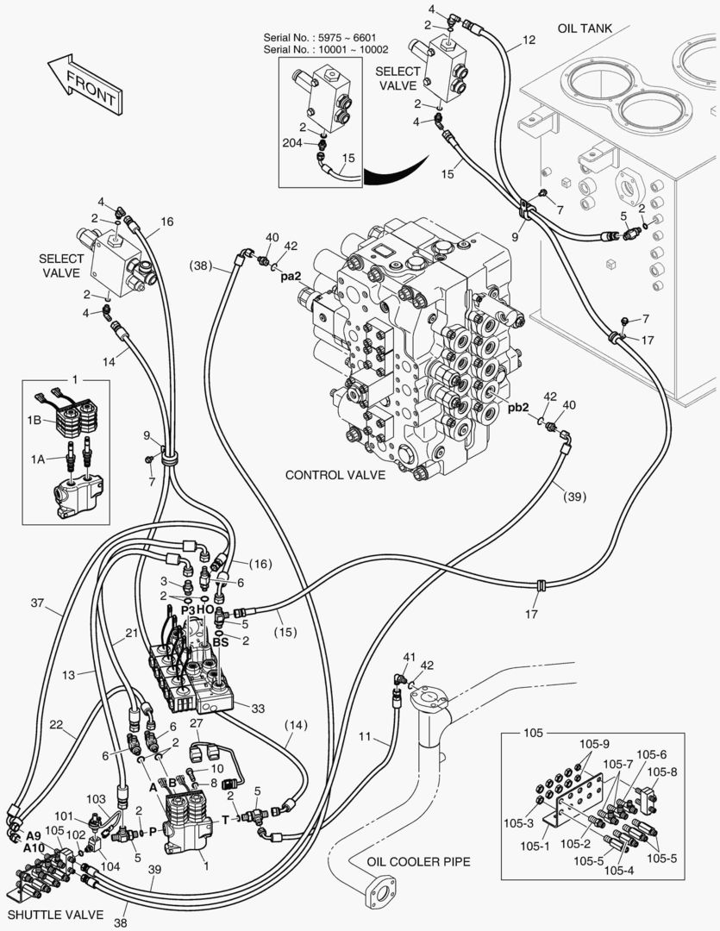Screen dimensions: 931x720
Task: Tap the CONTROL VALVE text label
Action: pos(335,475)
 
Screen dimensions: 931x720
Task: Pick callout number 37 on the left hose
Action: pos(37,603)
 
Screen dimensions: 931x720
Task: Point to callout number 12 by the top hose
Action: pos(529,40)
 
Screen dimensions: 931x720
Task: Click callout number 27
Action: pos(196,723)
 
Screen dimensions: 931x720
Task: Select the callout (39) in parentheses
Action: pos(574,497)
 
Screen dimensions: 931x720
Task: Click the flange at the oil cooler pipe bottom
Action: pos(380,893)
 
